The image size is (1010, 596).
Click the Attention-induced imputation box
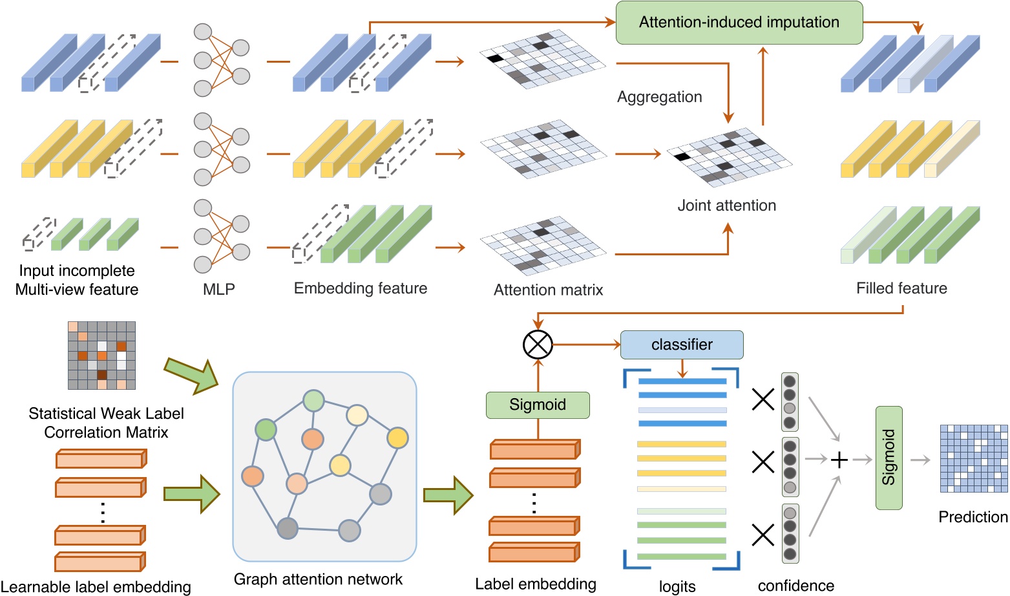739,23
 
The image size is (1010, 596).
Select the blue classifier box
682,345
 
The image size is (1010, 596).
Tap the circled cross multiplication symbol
538,345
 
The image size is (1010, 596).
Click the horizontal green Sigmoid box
538,405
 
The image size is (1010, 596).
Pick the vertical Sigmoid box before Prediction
889,458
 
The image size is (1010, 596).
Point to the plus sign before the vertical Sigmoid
839,460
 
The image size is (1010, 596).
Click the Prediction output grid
973,458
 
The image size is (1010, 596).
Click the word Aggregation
659,97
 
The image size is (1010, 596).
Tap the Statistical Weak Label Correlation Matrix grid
102,356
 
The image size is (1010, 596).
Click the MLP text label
219,290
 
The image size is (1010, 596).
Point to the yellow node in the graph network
397,438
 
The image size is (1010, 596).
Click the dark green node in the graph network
266,429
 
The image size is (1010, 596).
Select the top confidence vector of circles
790,402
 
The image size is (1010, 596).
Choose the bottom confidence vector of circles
790,534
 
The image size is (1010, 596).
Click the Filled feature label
901,288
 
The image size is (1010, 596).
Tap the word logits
677,586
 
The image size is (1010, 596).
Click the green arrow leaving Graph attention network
448,496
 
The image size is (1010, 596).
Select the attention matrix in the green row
543,248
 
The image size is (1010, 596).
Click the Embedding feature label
361,288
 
